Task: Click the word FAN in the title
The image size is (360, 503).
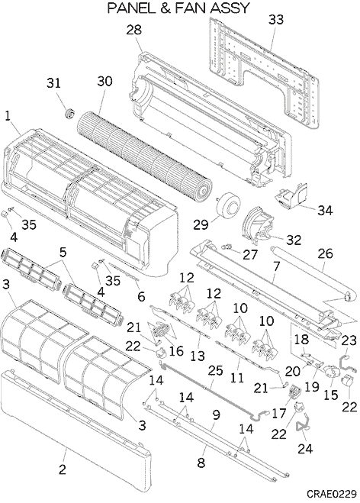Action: click(191, 8)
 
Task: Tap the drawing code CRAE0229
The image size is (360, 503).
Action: click(332, 493)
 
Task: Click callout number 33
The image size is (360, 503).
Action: click(276, 20)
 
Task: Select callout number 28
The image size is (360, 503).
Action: click(134, 31)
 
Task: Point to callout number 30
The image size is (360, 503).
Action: click(104, 81)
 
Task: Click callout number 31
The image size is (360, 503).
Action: click(54, 83)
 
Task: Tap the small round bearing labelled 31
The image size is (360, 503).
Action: click(70, 113)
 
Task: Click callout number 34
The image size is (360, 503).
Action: click(325, 211)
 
